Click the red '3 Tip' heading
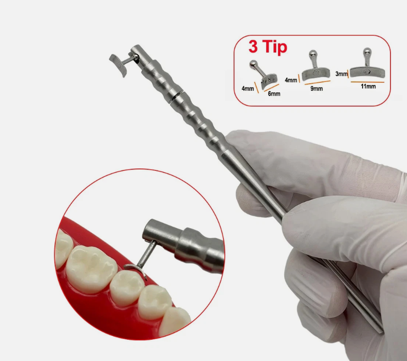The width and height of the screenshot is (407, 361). pos(268,47)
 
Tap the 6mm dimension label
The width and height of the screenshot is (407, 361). pos(274,94)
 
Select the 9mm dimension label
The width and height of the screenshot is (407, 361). pos(316,88)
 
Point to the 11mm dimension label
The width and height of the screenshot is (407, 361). pos(368,86)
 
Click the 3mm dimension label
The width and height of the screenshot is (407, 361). pos(341,74)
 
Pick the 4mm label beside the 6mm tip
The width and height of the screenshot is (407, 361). pos(247,88)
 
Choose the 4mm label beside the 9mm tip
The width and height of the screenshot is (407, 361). pos(291,80)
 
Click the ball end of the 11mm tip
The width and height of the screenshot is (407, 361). pos(367,51)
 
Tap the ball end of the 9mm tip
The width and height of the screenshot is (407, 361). pos(312,54)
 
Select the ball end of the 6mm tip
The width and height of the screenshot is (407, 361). pos(253,64)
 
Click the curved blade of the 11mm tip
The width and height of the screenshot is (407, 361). pos(367,72)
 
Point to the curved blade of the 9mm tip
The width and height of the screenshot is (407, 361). pos(315,74)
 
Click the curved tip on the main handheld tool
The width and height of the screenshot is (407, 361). pos(118,65)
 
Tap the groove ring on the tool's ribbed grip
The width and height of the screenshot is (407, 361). pos(176,96)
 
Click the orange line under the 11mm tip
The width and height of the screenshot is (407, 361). pos(367,82)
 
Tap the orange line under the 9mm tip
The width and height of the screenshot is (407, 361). pos(317,83)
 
